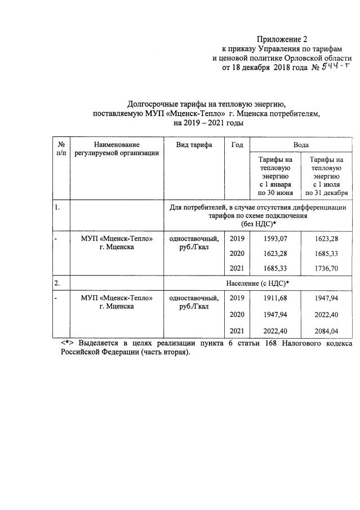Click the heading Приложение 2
tap(282, 39)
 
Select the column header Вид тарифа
tap(194, 145)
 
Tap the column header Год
tap(237, 145)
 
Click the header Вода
tap(300, 145)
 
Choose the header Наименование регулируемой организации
tap(117, 149)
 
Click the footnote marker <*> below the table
tap(68, 343)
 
